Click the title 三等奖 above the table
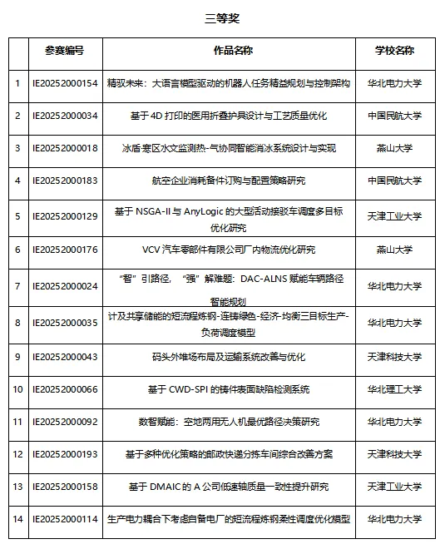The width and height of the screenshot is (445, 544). [x=222, y=17]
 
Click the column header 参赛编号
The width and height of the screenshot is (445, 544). [x=64, y=51]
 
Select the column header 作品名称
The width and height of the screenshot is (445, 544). [x=229, y=51]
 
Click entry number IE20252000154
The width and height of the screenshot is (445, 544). [x=64, y=83]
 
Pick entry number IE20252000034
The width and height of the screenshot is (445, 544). [x=64, y=116]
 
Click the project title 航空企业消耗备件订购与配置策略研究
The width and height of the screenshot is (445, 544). [x=229, y=181]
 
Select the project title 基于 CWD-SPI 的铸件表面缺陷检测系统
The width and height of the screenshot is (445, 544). [x=229, y=389]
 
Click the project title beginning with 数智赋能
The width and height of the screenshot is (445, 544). [x=229, y=422]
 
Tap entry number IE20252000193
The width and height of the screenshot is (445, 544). [x=64, y=454]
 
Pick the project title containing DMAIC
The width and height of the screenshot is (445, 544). [x=229, y=487]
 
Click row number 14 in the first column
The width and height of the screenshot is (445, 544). [x=17, y=519]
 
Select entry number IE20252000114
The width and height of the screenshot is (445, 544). [x=64, y=519]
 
